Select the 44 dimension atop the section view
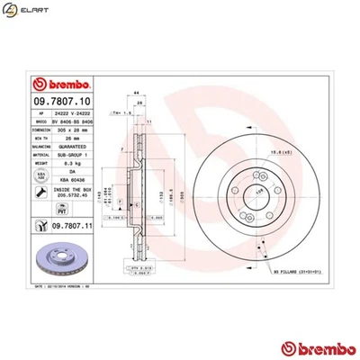[x=136, y=94]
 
